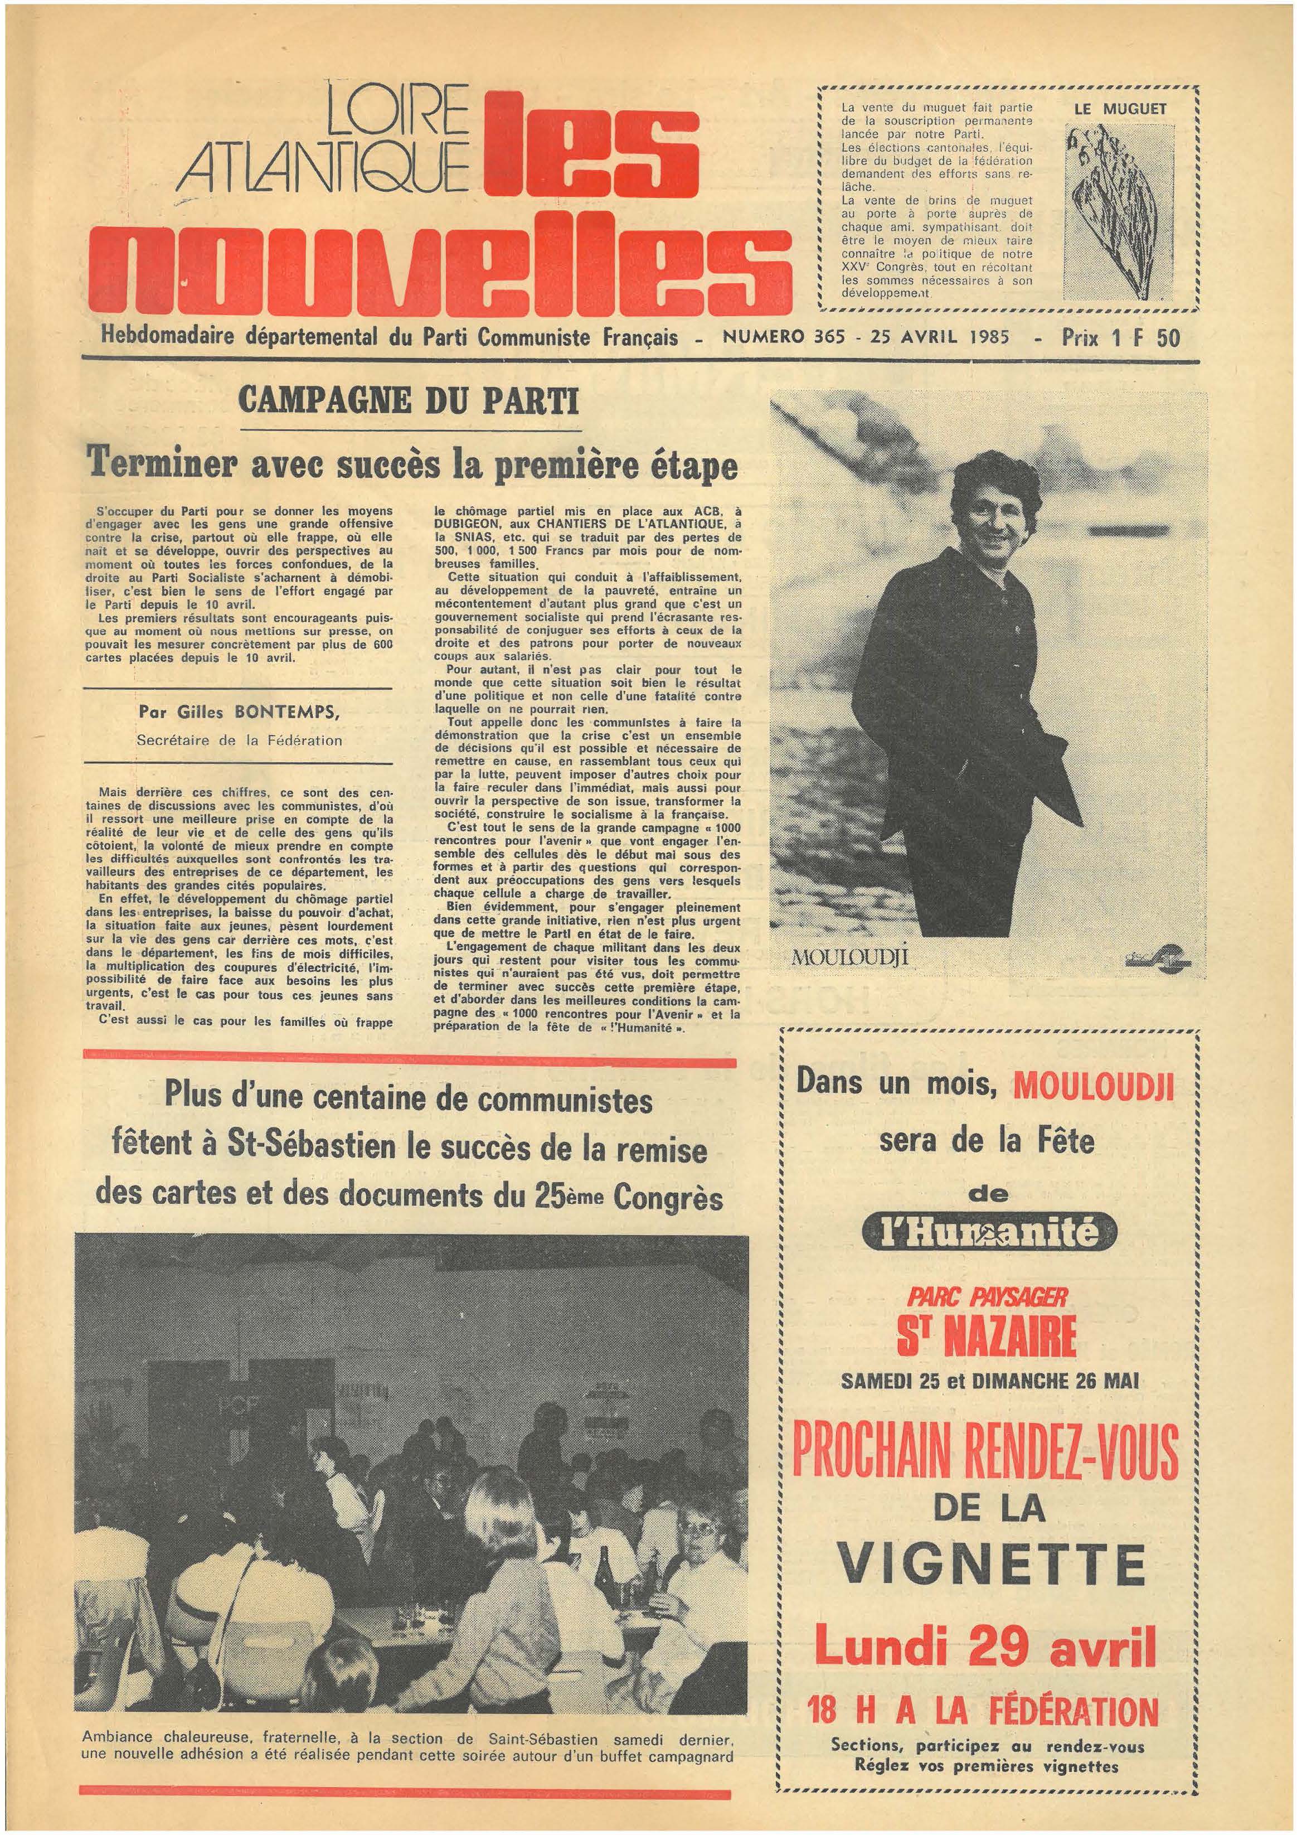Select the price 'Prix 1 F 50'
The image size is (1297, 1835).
[1120, 337]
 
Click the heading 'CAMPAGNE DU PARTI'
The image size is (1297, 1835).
[409, 400]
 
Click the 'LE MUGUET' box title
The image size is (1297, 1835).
[1131, 109]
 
